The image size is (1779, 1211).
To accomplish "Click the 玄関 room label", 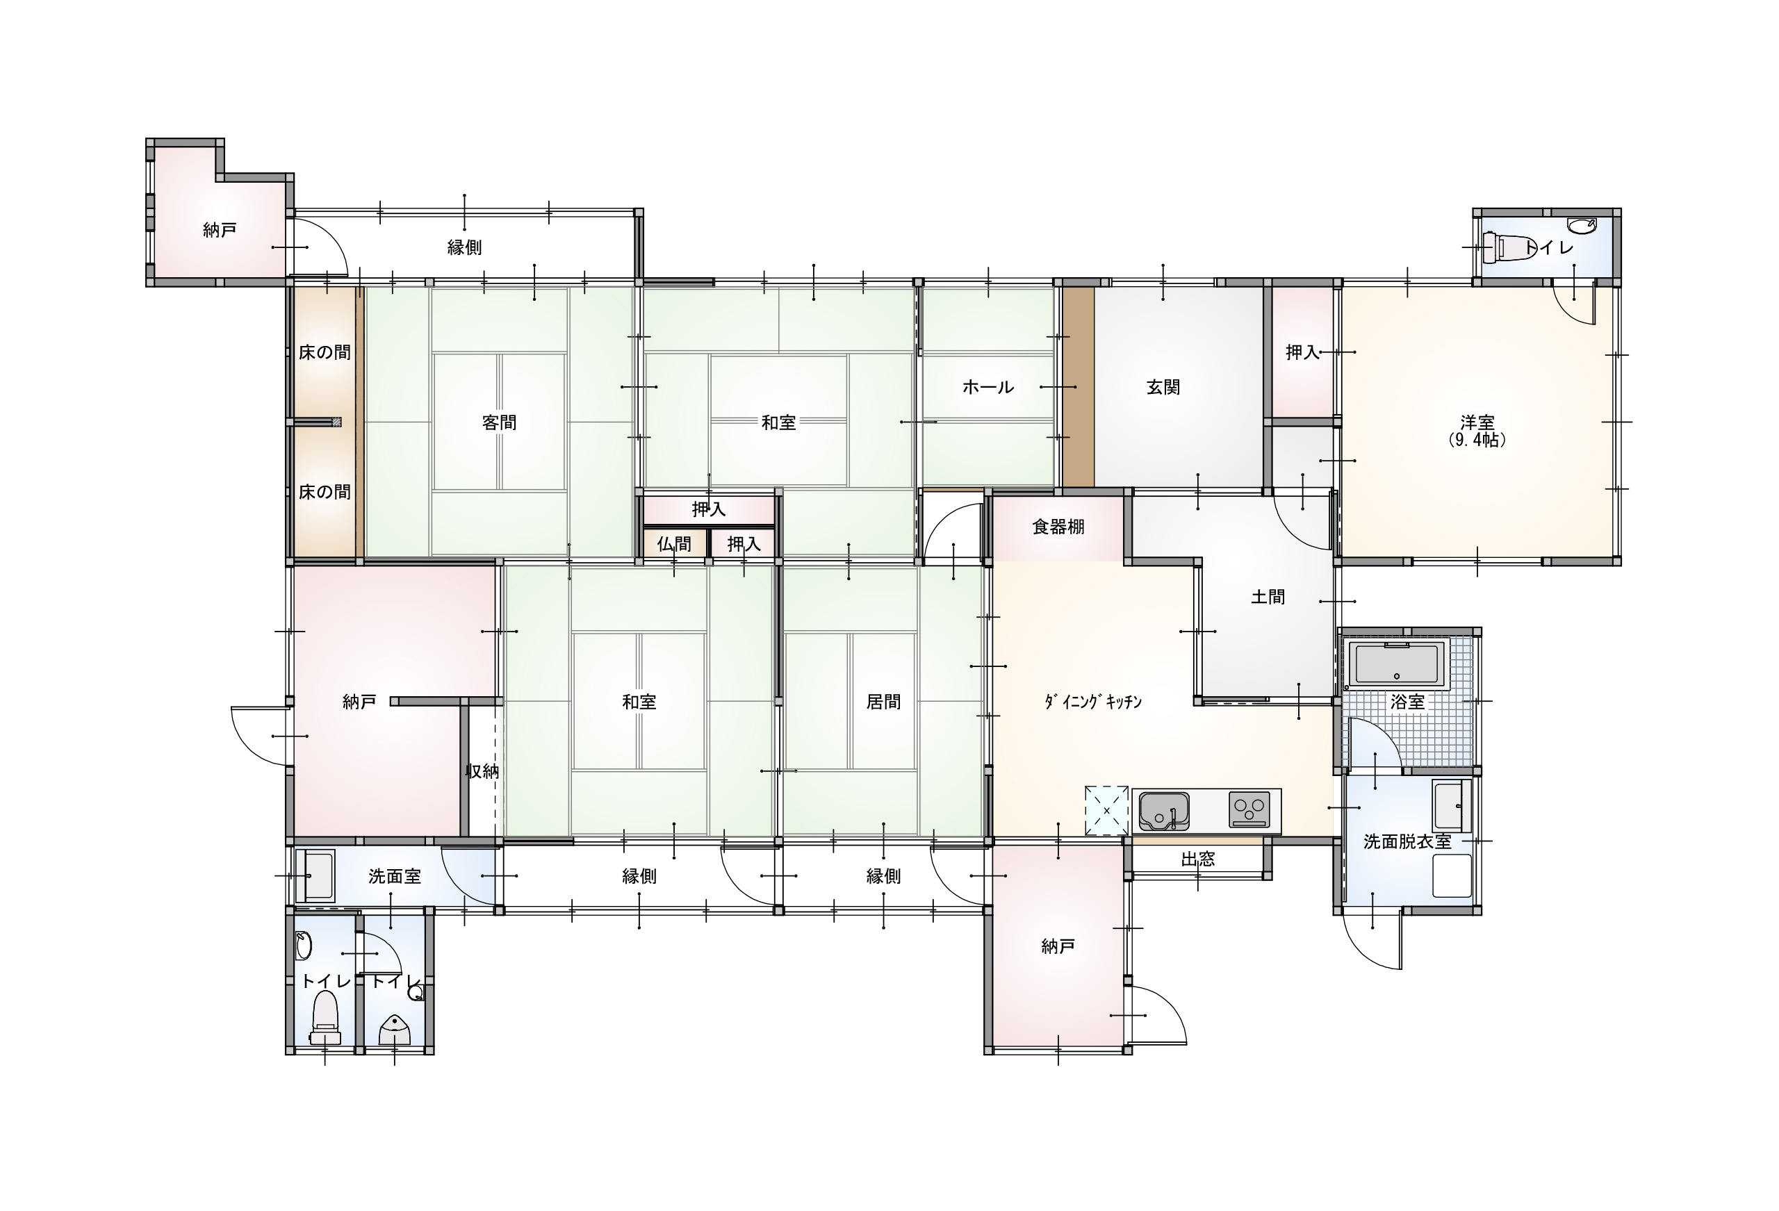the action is (1162, 387).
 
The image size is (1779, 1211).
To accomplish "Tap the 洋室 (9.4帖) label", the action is (1477, 431).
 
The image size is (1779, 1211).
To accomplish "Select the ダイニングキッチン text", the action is (1094, 701).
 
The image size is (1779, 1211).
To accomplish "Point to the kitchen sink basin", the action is (1163, 811).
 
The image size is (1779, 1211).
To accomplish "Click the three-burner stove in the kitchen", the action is (1249, 809).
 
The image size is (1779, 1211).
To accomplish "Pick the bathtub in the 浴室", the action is (1397, 664).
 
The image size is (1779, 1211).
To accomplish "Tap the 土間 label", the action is (1268, 596).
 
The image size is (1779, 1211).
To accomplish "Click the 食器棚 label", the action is (1058, 527).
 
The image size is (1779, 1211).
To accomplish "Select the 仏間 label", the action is (673, 543).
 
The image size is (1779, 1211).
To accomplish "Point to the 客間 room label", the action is (499, 422).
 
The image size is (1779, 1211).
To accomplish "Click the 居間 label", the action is (883, 701).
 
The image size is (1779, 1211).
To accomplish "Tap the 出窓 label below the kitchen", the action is (1197, 859).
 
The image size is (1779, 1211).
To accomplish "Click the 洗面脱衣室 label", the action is (1407, 842).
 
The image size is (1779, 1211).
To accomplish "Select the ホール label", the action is (987, 387).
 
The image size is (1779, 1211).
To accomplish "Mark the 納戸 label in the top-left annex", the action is (220, 230).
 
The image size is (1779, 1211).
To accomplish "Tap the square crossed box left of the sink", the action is (1106, 810).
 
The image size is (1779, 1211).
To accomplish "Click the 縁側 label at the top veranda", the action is (464, 247).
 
